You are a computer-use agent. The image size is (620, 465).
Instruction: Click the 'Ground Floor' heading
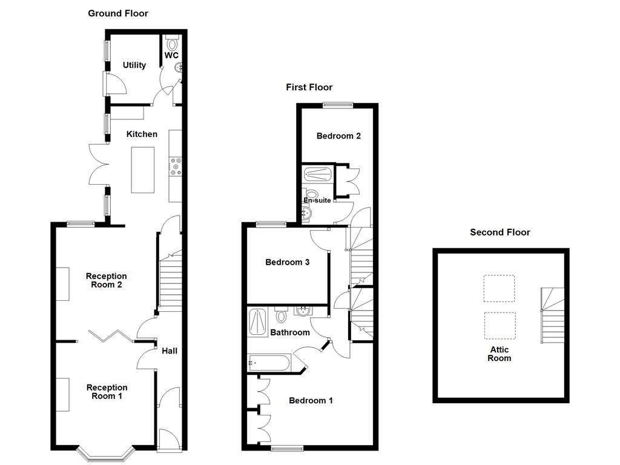click(x=118, y=13)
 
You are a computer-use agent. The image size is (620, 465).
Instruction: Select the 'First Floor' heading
click(x=309, y=87)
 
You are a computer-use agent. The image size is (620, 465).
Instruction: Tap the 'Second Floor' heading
click(x=500, y=232)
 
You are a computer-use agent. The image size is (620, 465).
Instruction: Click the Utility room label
click(x=134, y=65)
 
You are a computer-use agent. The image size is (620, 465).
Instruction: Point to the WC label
click(x=172, y=56)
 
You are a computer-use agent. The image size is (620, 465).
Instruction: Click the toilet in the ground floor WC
click(x=172, y=43)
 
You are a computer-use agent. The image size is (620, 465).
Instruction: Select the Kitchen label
click(x=142, y=134)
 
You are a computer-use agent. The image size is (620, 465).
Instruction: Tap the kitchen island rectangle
click(x=143, y=171)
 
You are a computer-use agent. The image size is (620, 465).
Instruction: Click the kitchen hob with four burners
click(x=176, y=167)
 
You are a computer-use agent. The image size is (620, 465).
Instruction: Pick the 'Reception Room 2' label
click(x=107, y=280)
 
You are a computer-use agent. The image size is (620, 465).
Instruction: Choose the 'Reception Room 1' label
click(x=107, y=392)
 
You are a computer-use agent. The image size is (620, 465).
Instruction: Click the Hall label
click(x=170, y=351)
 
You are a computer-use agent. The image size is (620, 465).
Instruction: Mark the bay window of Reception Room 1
click(x=104, y=452)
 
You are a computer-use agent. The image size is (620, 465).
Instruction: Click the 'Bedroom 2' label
click(x=338, y=136)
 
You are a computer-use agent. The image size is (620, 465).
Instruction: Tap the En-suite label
click(x=317, y=200)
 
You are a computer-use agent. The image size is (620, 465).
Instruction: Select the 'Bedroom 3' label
click(x=288, y=263)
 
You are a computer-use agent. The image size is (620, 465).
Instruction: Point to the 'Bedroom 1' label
click(x=311, y=401)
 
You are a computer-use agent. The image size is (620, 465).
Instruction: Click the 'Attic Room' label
click(x=500, y=354)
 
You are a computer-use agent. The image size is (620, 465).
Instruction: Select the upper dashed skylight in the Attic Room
click(x=499, y=288)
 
